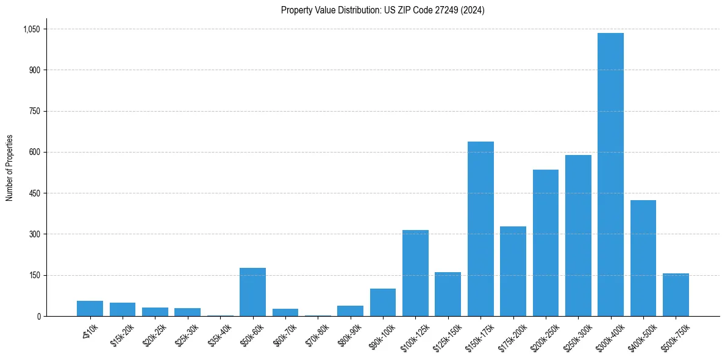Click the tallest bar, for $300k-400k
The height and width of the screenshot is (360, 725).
pos(610,175)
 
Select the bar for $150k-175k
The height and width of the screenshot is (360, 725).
pos(480,229)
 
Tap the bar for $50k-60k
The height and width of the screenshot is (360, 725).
pos(252,292)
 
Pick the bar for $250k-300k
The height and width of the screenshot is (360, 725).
pos(578,236)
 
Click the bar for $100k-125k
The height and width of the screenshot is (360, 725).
pos(415,273)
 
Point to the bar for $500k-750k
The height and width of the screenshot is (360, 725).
pos(676,295)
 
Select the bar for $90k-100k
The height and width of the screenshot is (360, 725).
pos(383,302)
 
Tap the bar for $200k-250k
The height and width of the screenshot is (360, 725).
pos(546,243)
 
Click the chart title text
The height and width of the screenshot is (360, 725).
pos(382,10)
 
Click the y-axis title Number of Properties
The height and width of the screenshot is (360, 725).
pos(10,168)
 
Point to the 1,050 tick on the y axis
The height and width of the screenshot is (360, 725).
pos(31,29)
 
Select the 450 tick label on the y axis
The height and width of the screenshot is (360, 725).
pos(34,193)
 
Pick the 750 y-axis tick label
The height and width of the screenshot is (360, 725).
pos(34,111)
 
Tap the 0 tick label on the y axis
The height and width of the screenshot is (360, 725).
pos(38,317)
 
